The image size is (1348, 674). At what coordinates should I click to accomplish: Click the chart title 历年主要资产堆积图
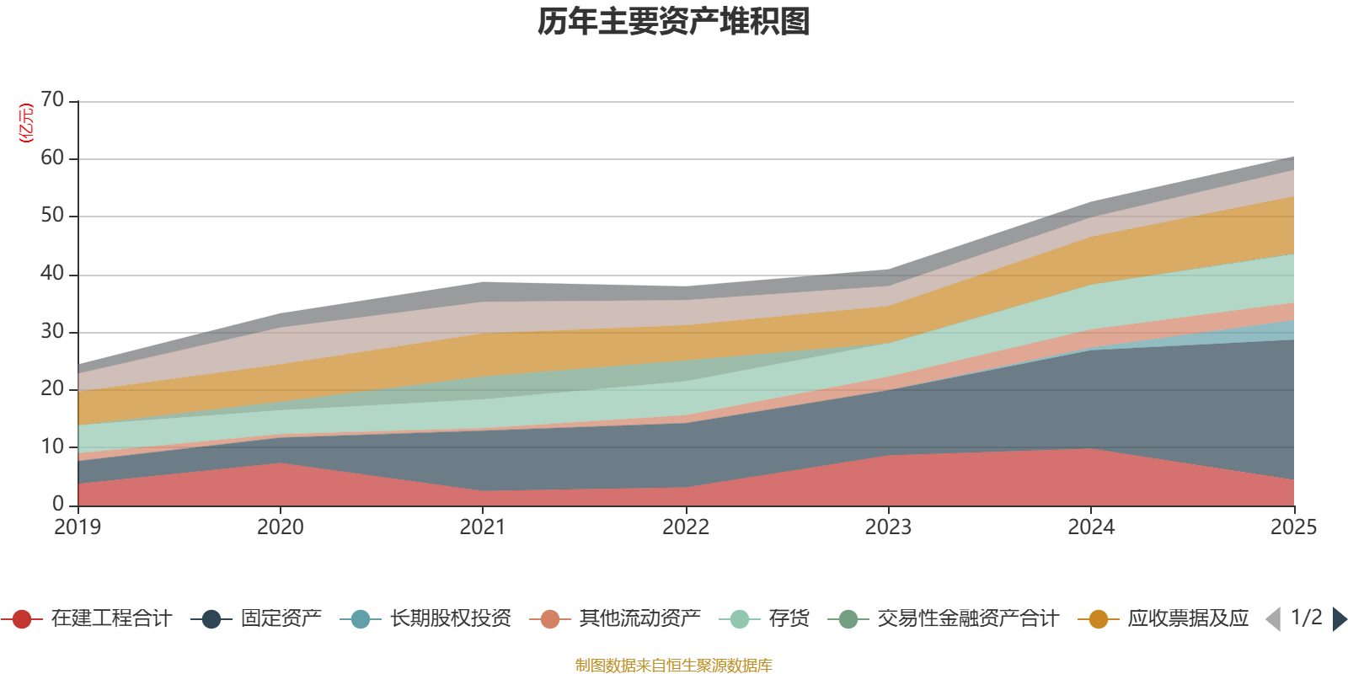pyautogui.click(x=674, y=22)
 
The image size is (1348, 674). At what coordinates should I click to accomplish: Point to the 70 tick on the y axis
pyautogui.click(x=52, y=100)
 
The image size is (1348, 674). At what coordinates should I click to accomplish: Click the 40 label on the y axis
pyautogui.click(x=52, y=274)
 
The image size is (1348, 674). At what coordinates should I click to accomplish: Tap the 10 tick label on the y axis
pyautogui.click(x=52, y=447)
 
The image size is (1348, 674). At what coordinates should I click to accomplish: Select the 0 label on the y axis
pyautogui.click(x=58, y=504)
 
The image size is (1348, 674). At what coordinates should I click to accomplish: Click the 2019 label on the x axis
pyautogui.click(x=78, y=527)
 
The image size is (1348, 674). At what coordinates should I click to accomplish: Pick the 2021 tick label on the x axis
pyautogui.click(x=482, y=527)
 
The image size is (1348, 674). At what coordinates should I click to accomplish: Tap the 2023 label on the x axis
pyautogui.click(x=888, y=527)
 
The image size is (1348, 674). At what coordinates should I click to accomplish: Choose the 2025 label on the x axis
pyautogui.click(x=1293, y=527)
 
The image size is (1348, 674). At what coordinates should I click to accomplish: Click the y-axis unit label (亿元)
pyautogui.click(x=26, y=123)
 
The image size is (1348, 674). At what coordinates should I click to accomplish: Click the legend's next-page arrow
pyautogui.click(x=1340, y=619)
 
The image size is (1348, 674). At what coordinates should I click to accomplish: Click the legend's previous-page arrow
pyautogui.click(x=1273, y=619)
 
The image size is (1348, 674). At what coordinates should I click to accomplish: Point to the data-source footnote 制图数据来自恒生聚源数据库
pyautogui.click(x=674, y=666)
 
